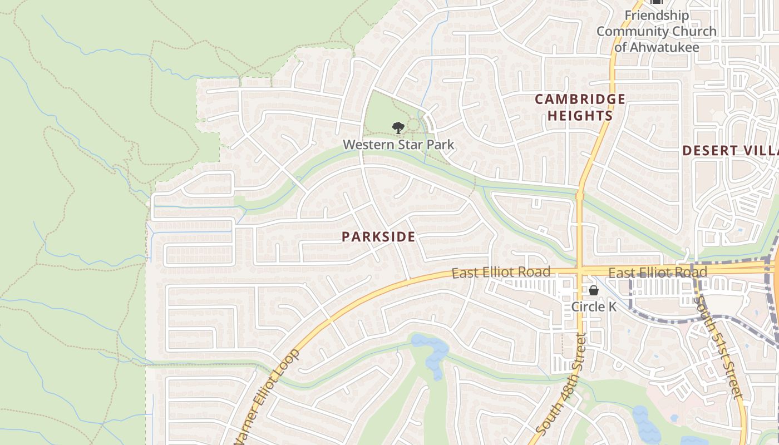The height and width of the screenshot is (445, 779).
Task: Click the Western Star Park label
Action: pyautogui.click(x=398, y=145)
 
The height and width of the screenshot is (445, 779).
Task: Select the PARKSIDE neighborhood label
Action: pyautogui.click(x=378, y=237)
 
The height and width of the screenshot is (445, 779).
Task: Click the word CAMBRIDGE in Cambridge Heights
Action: pyautogui.click(x=580, y=100)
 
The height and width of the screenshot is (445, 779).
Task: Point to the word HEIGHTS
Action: pyautogui.click(x=580, y=116)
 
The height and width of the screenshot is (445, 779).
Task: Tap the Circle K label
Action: pyautogui.click(x=594, y=306)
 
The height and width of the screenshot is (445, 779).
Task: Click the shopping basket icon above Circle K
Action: pyautogui.click(x=594, y=290)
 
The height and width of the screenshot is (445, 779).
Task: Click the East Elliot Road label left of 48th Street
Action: pyautogui.click(x=501, y=273)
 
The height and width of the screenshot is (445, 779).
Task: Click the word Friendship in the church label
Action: pyautogui.click(x=657, y=16)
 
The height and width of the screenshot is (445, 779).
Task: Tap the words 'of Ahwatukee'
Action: pyautogui.click(x=657, y=47)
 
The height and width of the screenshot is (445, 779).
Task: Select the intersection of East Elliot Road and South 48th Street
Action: pyautogui.click(x=579, y=271)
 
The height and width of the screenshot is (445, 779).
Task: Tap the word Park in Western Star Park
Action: pyautogui.click(x=441, y=145)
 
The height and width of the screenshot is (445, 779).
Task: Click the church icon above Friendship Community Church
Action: pyautogui.click(x=657, y=2)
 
